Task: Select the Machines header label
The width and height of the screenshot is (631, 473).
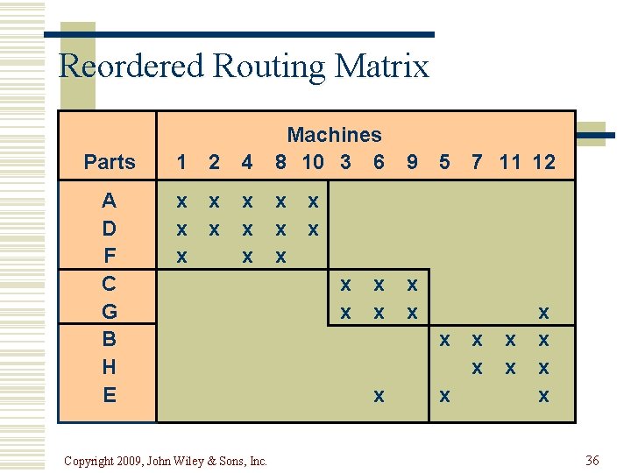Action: click(x=334, y=135)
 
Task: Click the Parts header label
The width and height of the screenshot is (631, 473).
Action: click(x=110, y=162)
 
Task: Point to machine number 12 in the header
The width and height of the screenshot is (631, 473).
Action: click(x=543, y=162)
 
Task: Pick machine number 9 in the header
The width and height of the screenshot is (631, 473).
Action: click(x=411, y=162)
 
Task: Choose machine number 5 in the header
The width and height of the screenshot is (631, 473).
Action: click(x=445, y=162)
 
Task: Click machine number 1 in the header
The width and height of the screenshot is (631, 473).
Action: click(x=181, y=162)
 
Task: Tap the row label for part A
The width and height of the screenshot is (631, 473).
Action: click(x=109, y=201)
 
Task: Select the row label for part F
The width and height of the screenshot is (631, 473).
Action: click(x=109, y=257)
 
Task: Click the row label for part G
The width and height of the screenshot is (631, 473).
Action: click(x=109, y=312)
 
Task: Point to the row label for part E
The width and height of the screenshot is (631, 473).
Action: click(x=109, y=395)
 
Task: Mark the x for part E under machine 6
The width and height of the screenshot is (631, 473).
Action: click(x=379, y=397)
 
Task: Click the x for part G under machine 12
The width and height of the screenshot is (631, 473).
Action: click(x=543, y=313)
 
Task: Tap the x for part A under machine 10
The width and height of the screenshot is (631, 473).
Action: click(x=313, y=201)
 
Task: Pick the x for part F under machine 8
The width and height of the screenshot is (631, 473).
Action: click(x=280, y=258)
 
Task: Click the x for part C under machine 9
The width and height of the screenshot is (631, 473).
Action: click(x=411, y=286)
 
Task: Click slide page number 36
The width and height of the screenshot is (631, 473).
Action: click(x=592, y=460)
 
